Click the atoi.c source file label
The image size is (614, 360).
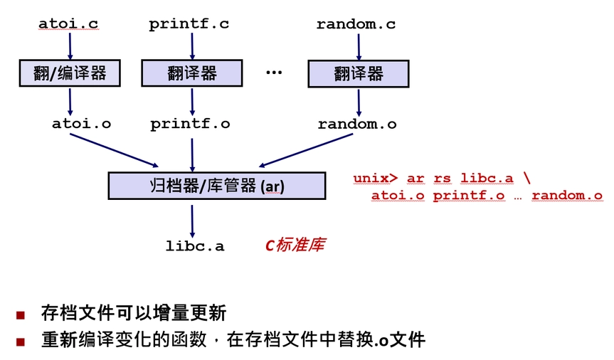tap(68, 24)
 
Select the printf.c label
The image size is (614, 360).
tap(189, 24)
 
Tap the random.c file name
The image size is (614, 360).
tap(356, 24)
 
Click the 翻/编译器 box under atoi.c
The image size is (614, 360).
tap(69, 73)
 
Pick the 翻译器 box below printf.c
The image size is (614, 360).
tap(192, 73)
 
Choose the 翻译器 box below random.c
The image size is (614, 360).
tap(358, 73)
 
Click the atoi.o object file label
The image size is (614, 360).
tap(81, 123)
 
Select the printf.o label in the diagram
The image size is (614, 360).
tap(190, 124)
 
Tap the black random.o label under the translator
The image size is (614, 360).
tap(357, 124)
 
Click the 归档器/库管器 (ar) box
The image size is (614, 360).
tap(216, 186)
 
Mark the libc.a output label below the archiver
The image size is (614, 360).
tap(195, 246)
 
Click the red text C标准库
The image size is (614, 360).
tap(295, 245)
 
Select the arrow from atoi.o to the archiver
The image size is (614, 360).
tap(114, 149)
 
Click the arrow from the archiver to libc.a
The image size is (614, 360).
tap(192, 217)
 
